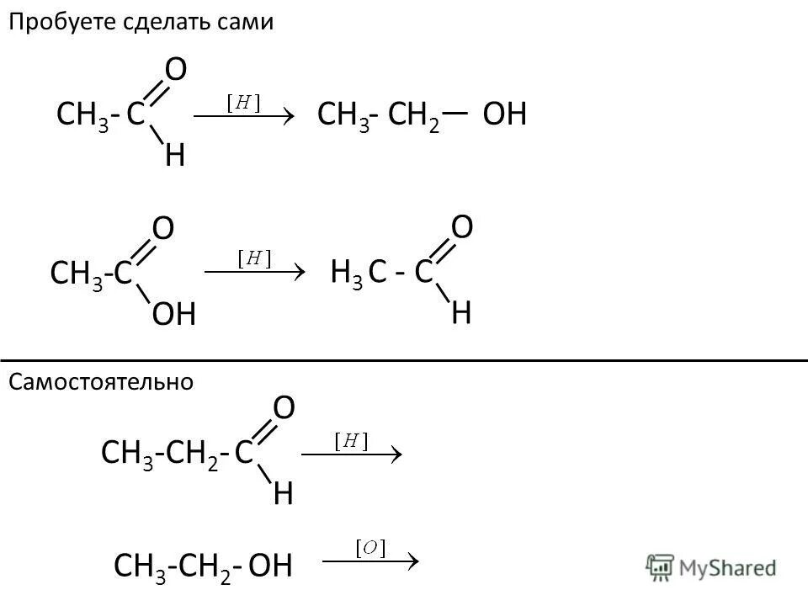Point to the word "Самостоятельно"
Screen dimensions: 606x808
tap(101, 382)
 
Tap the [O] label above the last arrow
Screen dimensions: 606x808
tap(369, 548)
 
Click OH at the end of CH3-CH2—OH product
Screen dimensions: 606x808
tap(505, 115)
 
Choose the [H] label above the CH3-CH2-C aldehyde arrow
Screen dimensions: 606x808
tap(352, 440)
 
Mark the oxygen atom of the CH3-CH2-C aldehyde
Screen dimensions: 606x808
tap(284, 409)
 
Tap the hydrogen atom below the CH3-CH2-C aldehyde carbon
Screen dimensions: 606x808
tap(284, 493)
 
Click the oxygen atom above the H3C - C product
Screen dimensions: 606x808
tap(462, 226)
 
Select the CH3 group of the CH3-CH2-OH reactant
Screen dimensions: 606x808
tap(133, 567)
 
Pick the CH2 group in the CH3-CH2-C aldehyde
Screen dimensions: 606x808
tap(192, 454)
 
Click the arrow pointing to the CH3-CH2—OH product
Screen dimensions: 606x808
tap(243, 117)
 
